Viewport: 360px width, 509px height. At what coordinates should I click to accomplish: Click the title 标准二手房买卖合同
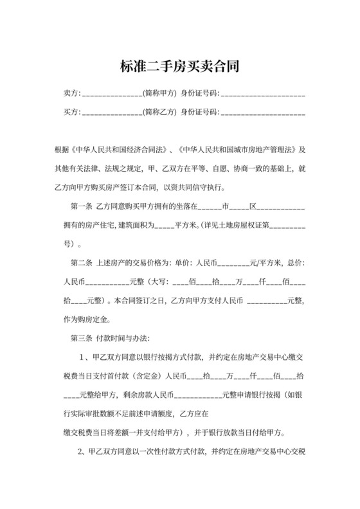pos(180,66)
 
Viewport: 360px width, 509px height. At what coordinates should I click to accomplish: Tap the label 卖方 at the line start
pos(71,94)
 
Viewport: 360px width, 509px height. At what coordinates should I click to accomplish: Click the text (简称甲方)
pos(159,94)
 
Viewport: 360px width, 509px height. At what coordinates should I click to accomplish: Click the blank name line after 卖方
pos(112,95)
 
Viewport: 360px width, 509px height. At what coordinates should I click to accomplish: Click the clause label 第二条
pos(80,263)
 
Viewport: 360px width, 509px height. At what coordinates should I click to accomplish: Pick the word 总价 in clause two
pos(292,263)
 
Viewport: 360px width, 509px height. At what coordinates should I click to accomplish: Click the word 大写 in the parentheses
pos(157,281)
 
